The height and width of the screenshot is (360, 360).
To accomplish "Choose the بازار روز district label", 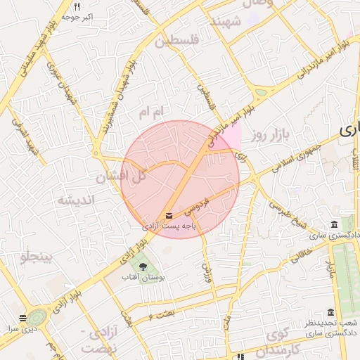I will click(x=267, y=134).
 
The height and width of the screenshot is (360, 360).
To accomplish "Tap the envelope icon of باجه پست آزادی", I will click(x=169, y=214).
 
